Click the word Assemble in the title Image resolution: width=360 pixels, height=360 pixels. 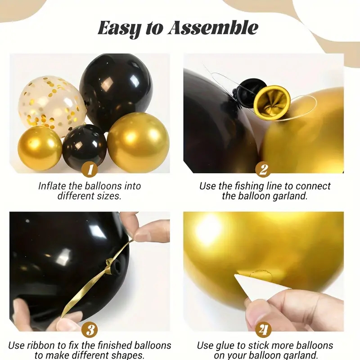click(x=213, y=28)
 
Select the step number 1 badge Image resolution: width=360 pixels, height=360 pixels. click(x=90, y=170)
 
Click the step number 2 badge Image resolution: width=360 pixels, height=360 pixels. click(x=263, y=170)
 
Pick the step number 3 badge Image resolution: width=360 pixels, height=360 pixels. click(x=90, y=329)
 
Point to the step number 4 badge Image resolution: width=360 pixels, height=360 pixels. click(x=263, y=329)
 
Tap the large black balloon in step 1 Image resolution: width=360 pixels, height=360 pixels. click(x=116, y=91)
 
